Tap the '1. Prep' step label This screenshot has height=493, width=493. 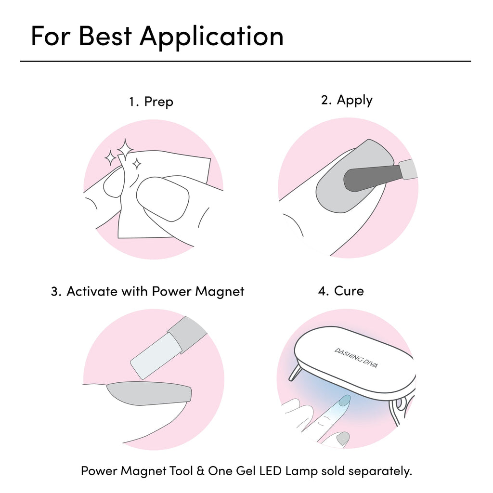tap(151, 102)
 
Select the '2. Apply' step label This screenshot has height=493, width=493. tap(347, 101)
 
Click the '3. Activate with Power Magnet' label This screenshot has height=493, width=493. tap(147, 292)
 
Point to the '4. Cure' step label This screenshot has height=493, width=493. tap(341, 291)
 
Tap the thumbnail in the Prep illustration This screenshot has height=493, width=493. tap(163, 199)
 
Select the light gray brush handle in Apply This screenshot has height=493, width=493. tap(408, 169)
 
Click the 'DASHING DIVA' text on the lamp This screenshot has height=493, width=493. tap(356, 358)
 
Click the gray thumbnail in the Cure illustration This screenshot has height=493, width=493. tap(343, 438)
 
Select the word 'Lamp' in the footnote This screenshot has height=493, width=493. tap(301, 471)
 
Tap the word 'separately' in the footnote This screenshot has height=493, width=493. tap(380, 471)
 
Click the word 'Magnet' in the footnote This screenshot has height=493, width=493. tap(143, 471)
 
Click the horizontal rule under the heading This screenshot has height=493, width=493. tap(246, 61)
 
